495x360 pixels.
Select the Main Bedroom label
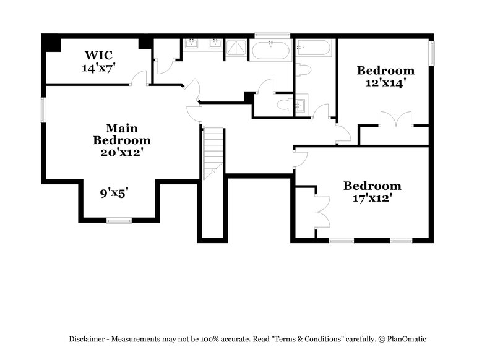tap(121, 134)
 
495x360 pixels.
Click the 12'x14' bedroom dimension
tap(385, 83)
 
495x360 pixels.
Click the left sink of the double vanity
tap(191, 43)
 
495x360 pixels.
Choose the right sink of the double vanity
tap(215, 43)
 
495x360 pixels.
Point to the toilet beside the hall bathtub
tap(303, 69)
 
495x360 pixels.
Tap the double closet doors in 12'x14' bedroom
tap(395, 120)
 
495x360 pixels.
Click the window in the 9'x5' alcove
tap(119, 220)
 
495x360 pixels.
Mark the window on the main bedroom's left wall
tap(43, 109)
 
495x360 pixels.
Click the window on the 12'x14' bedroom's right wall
tap(431, 52)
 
